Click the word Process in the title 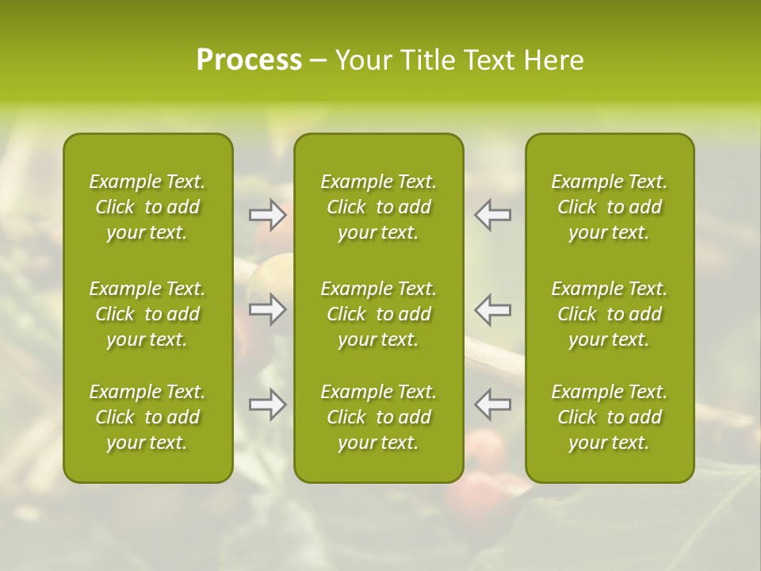click(249, 60)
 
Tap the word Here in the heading click(554, 60)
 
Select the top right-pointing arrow click(268, 215)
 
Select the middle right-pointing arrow click(268, 309)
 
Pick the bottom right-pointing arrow click(268, 404)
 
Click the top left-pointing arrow click(492, 215)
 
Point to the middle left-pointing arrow click(492, 309)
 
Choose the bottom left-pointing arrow click(492, 404)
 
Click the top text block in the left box click(147, 207)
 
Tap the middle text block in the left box click(147, 314)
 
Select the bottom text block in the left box click(147, 417)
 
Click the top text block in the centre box click(379, 207)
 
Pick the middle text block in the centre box click(379, 314)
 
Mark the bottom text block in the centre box click(379, 417)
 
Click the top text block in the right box click(610, 207)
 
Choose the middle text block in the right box click(610, 314)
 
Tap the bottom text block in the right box click(610, 417)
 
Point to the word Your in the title click(361, 60)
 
